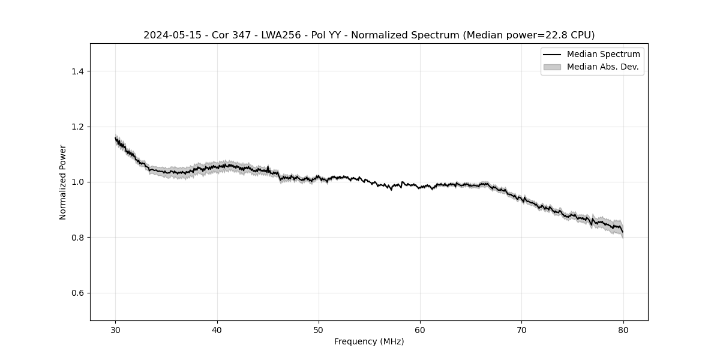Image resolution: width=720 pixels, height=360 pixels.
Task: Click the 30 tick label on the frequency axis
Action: (116, 330)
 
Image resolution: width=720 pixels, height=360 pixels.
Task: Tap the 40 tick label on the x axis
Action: (217, 330)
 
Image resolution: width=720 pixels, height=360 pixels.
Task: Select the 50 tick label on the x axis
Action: (319, 330)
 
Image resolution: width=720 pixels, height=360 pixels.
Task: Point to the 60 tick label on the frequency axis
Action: (420, 330)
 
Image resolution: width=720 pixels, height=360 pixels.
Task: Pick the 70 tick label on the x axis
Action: (521, 330)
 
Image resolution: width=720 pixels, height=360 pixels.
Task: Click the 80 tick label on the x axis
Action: (623, 330)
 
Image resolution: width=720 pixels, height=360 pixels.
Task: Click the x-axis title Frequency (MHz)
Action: (369, 341)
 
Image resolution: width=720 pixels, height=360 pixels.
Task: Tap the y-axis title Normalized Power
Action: (63, 182)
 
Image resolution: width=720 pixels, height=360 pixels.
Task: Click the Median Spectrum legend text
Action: (603, 55)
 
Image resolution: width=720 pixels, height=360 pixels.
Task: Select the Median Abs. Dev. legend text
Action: (602, 67)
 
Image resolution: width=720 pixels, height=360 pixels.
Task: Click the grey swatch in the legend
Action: (552, 67)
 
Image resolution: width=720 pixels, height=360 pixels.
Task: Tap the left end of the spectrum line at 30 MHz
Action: (116, 139)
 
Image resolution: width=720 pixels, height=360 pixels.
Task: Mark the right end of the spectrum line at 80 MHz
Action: (623, 232)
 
